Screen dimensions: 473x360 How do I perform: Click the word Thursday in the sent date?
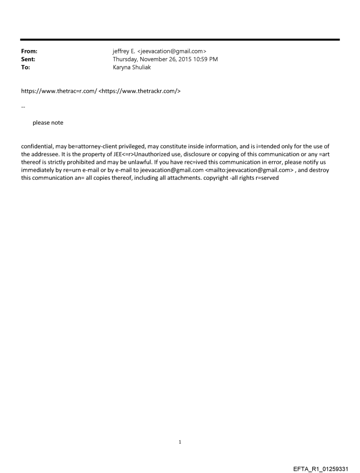[126, 59]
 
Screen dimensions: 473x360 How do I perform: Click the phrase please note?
[48, 123]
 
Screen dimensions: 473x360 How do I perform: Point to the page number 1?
[180, 441]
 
